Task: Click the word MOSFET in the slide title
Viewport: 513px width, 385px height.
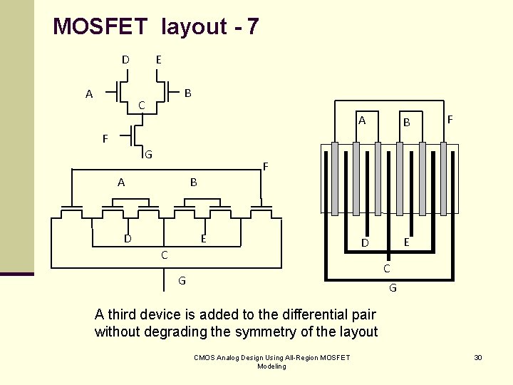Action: tap(100, 27)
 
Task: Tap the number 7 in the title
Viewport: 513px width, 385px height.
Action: tap(252, 27)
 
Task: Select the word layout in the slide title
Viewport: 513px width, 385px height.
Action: tap(194, 27)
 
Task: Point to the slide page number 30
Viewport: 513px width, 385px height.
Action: tap(478, 357)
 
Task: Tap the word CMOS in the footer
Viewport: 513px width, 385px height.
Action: tap(205, 357)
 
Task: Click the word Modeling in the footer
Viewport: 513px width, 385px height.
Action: tap(271, 366)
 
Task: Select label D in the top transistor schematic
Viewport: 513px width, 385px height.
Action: tap(125, 60)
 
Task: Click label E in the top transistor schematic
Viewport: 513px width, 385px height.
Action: tap(158, 60)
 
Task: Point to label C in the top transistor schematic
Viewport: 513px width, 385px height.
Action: tap(142, 106)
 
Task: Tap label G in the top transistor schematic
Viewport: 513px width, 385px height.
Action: tap(148, 154)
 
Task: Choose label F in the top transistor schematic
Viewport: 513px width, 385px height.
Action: tap(105, 138)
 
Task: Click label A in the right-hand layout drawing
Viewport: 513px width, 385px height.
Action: tap(362, 120)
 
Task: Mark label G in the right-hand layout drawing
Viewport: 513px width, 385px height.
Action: tap(393, 288)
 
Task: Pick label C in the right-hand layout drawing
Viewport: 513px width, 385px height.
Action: tap(387, 269)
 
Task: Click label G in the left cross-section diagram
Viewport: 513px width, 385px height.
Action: tap(182, 281)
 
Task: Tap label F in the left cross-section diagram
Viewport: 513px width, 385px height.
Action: tap(265, 167)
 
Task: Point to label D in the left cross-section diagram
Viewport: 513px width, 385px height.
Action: tap(128, 238)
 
